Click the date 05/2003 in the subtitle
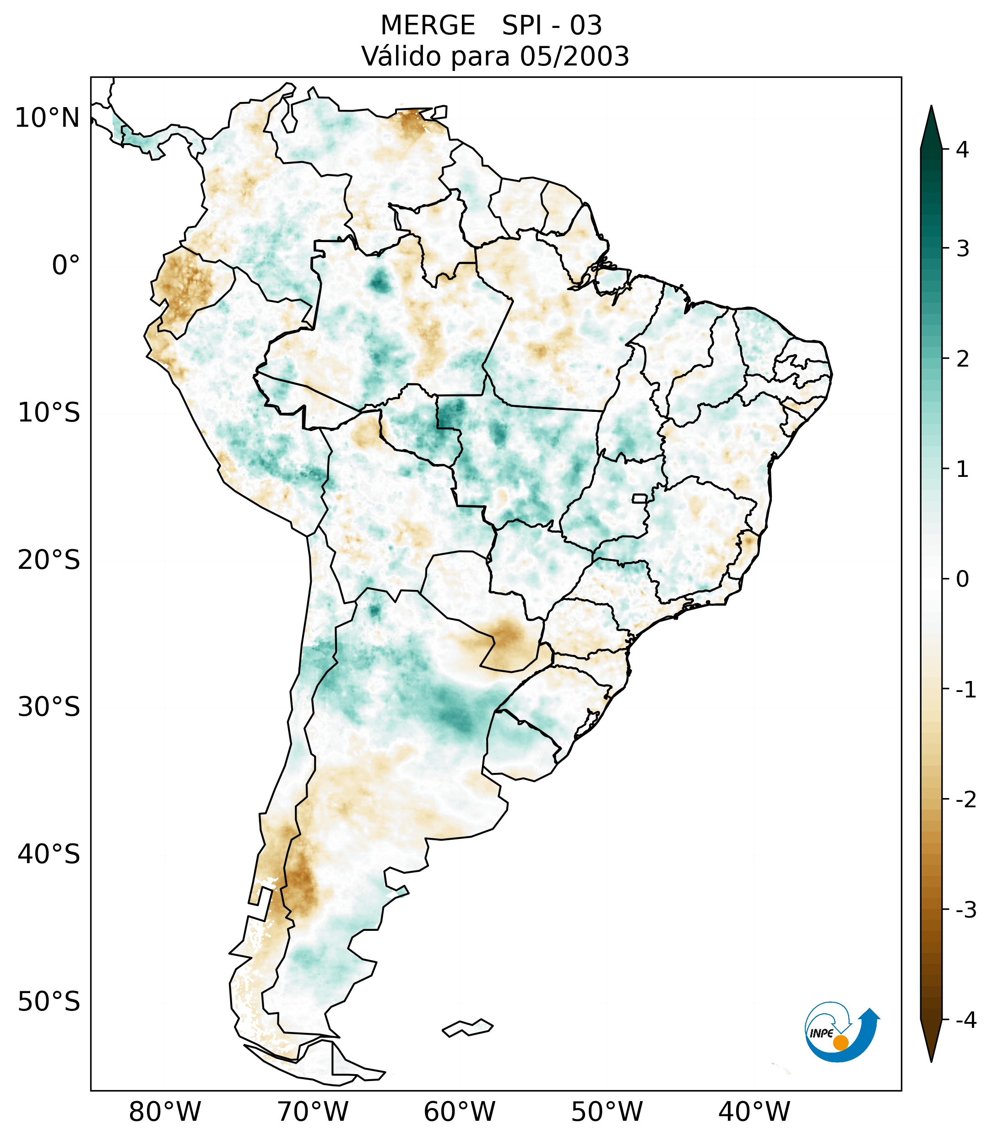574,56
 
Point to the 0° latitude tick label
66,265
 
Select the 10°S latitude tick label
49,413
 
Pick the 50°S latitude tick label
49,1002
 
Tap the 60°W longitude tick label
459,1112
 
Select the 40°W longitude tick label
754,1112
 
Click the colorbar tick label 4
962,150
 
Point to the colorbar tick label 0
962,579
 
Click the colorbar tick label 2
962,360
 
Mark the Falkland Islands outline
467,1027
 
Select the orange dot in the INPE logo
840,1043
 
